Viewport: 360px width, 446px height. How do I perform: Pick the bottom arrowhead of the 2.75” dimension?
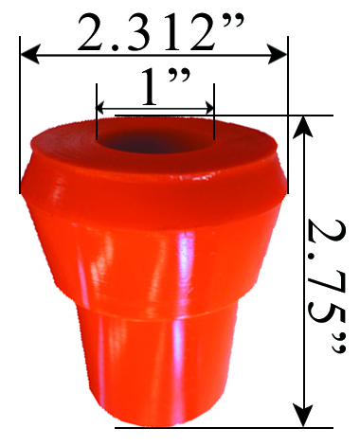coord(302,417)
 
